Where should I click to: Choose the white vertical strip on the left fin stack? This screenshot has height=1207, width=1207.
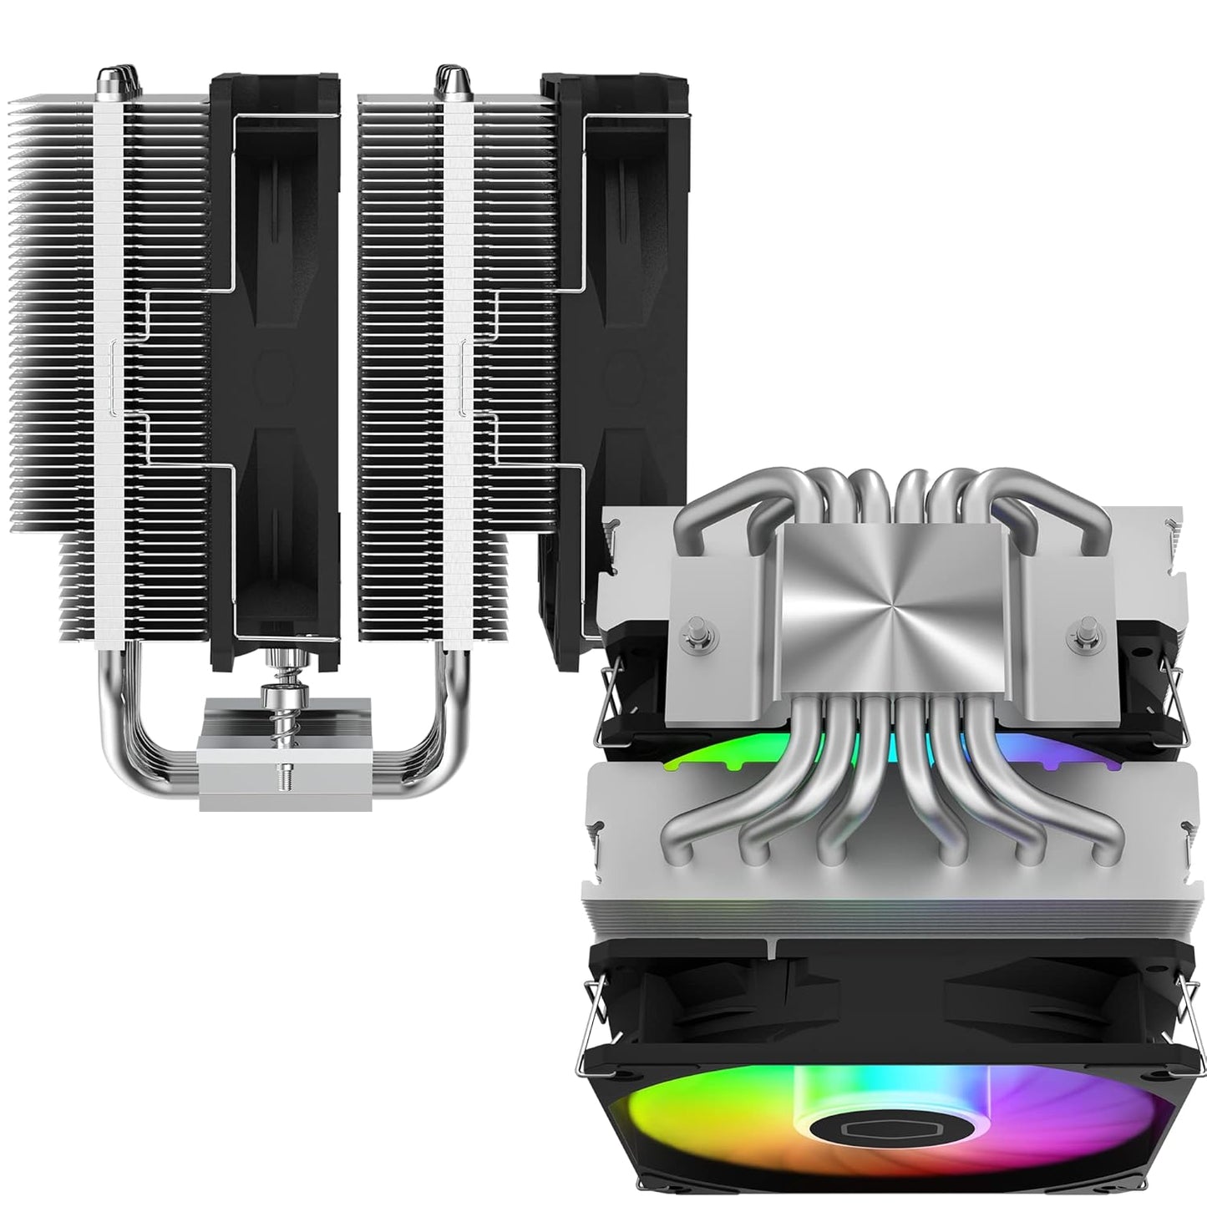[x=109, y=376]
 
